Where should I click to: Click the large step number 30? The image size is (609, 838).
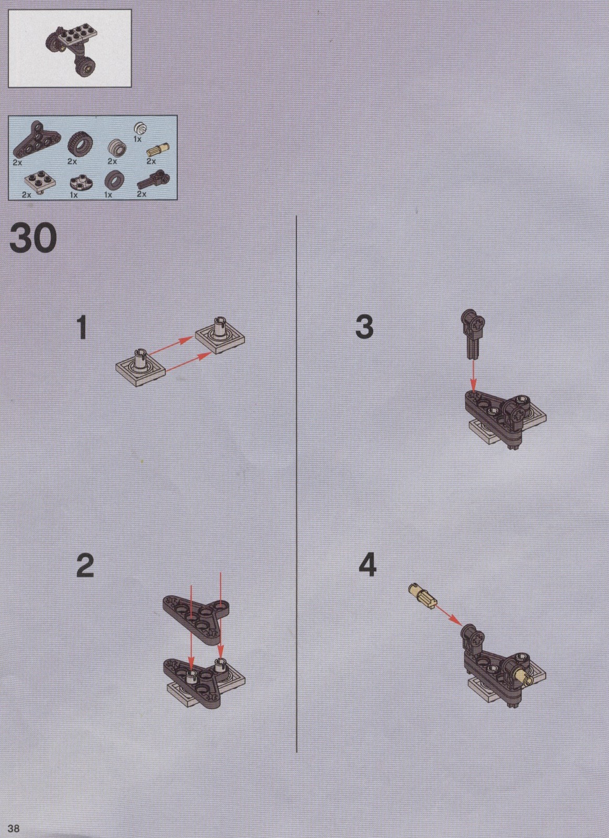[x=33, y=239]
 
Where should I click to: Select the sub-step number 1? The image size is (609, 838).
[x=82, y=327]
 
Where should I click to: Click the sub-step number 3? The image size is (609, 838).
[x=364, y=327]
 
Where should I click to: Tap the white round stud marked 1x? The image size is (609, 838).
[x=140, y=128]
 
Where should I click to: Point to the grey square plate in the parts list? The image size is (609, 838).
[x=40, y=181]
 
